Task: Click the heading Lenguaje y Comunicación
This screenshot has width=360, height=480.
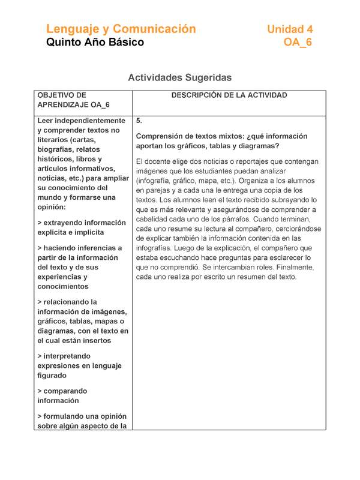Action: pyautogui.click(x=121, y=29)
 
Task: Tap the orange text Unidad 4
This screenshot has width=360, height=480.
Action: pyautogui.click(x=290, y=29)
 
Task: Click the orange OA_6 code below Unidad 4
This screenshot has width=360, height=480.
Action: pyautogui.click(x=298, y=43)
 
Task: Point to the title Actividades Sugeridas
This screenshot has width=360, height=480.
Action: pyautogui.click(x=179, y=77)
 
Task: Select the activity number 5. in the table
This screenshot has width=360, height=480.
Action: pyautogui.click(x=139, y=120)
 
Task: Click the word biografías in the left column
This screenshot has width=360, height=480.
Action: pyautogui.click(x=56, y=149)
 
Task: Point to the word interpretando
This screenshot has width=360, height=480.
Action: pyautogui.click(x=67, y=356)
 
